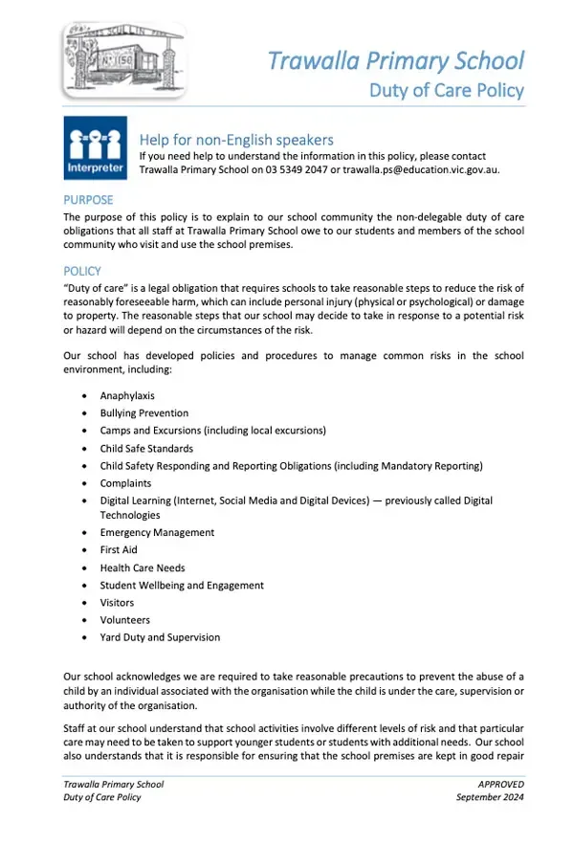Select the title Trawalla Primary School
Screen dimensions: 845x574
(396, 60)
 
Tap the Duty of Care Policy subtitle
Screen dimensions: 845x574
(447, 91)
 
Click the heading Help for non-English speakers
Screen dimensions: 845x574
(236, 140)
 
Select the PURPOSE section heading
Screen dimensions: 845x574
(88, 200)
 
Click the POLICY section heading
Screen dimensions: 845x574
(82, 271)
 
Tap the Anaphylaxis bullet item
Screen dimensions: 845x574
(127, 395)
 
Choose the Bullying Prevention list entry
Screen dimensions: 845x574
(144, 413)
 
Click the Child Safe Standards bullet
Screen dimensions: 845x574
(146, 448)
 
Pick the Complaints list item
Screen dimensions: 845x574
(125, 483)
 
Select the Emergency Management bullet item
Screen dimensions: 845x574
(157, 532)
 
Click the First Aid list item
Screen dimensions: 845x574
(119, 550)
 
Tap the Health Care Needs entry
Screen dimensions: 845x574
(143, 567)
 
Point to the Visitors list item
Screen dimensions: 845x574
(117, 603)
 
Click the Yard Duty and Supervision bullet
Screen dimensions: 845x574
(160, 637)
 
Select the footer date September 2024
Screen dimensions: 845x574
(490, 797)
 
